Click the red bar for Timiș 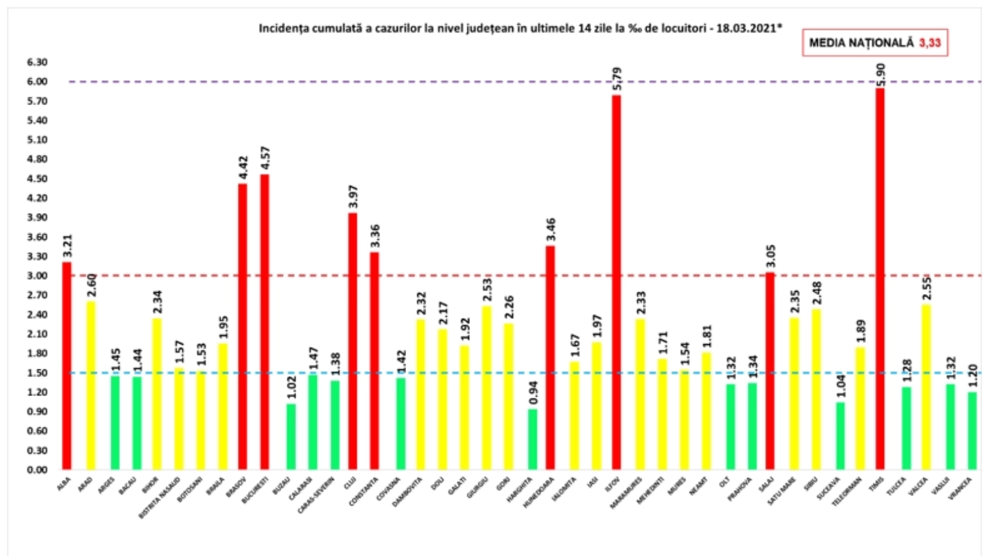[880, 278]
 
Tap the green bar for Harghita [532, 439]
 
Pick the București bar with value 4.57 [265, 321]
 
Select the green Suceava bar [840, 436]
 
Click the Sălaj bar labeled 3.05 [770, 371]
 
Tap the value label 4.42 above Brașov [243, 168]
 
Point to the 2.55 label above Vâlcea [927, 289]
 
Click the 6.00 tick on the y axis [37, 82]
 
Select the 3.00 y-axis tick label [37, 276]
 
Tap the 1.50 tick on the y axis [37, 373]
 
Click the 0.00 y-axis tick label [37, 470]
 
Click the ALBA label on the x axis [64, 484]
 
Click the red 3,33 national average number [930, 43]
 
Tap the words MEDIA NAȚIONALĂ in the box [861, 43]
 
